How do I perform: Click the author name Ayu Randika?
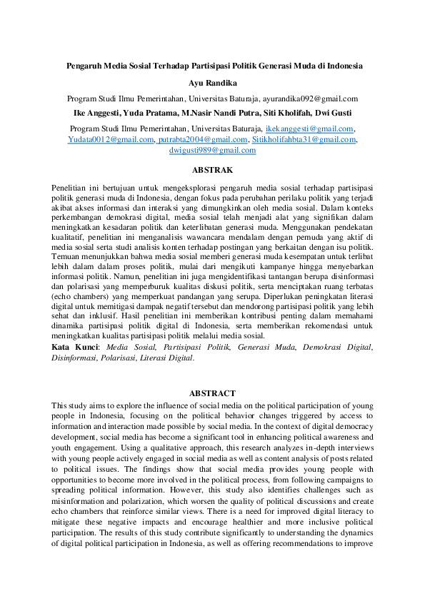[x=212, y=83]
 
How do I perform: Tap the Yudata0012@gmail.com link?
[x=111, y=139]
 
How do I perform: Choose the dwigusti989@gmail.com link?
[x=212, y=150]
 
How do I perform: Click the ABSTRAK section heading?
[x=212, y=170]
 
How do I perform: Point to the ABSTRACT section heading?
[x=212, y=393]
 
